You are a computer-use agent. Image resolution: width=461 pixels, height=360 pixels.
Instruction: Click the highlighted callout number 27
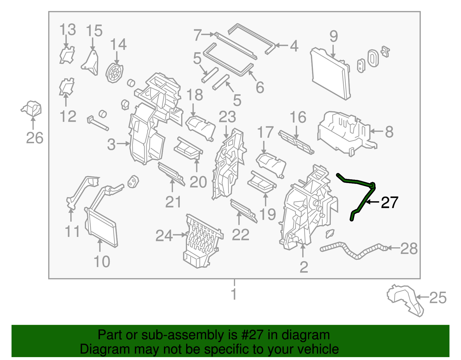click(389, 202)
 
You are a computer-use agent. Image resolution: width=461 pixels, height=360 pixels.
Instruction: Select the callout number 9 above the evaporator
click(333, 36)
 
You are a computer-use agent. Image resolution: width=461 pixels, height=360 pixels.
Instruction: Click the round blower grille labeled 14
click(114, 73)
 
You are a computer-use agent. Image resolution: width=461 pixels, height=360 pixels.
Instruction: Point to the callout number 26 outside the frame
click(35, 138)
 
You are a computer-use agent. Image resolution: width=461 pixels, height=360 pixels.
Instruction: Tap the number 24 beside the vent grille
click(164, 235)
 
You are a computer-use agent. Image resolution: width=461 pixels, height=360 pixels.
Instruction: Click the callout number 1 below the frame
click(234, 294)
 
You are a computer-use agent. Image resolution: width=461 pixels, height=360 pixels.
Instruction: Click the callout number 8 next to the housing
click(389, 132)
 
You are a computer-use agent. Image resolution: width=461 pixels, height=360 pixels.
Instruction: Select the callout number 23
click(227, 117)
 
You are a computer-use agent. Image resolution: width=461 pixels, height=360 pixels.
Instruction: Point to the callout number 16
click(298, 117)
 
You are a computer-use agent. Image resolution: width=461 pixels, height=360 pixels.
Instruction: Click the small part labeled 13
click(67, 55)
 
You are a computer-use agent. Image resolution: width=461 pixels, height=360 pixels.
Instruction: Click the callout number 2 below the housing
click(304, 267)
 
